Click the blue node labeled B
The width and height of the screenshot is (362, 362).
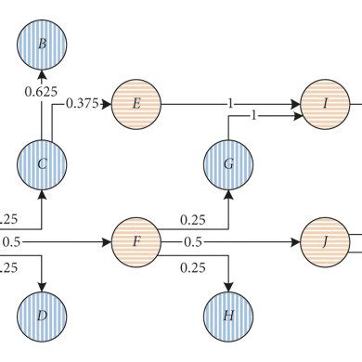pos(44,43)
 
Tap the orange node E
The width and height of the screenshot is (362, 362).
pos(136,104)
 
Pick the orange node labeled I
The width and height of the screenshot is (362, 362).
pos(326,104)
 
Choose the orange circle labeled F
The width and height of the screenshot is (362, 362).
pos(136,245)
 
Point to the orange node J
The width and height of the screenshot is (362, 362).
pos(326,245)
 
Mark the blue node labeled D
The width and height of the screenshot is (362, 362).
pos(44,317)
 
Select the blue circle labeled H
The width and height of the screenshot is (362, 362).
pos(229,317)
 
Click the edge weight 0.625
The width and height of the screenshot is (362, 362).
pos(42,94)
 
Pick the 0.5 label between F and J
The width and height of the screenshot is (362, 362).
pos(192,245)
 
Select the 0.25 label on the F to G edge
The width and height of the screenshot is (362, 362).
pos(192,220)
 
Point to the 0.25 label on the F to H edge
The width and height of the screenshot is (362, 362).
pos(192,267)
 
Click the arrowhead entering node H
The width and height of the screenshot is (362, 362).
pos(229,285)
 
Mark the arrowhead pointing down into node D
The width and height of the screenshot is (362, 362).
pos(44,285)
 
